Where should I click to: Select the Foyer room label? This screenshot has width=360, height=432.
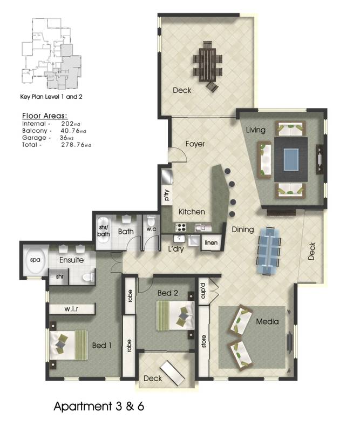point(195,144)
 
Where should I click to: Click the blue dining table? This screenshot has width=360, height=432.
point(268,250)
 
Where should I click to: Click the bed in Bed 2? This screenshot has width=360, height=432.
point(175,316)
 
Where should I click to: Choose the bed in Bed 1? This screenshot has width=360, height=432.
point(69,346)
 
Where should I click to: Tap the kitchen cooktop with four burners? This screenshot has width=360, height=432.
point(181,227)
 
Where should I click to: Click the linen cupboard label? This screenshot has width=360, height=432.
point(211,242)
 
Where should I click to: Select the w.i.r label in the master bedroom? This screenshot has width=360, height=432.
point(71,309)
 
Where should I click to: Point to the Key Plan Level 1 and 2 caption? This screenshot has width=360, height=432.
point(51,97)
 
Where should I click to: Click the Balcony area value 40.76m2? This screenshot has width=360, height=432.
point(73,131)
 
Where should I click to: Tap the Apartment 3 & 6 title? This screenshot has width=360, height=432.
point(99,407)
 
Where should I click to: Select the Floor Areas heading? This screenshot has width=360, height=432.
point(45,116)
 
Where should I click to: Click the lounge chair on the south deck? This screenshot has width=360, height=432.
point(172,373)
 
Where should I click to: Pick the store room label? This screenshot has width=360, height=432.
point(203,341)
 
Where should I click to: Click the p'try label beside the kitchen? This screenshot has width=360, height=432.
point(166,195)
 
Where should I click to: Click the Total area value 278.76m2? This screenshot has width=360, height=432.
point(76,145)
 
